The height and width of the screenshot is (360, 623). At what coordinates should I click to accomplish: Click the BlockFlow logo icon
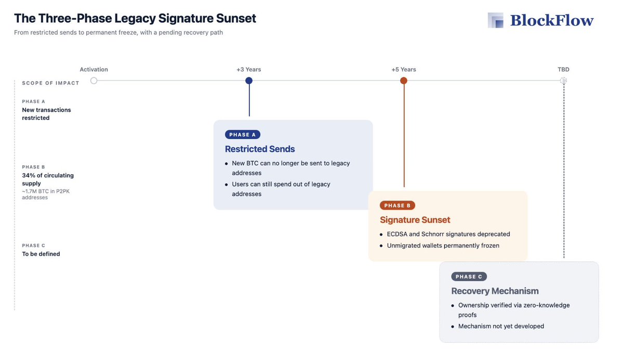[x=496, y=20]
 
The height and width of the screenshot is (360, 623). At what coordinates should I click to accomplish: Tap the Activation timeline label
[x=94, y=70]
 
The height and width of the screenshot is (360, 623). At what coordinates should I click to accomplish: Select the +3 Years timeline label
[x=248, y=70]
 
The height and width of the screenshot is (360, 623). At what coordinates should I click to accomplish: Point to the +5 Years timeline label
[x=404, y=70]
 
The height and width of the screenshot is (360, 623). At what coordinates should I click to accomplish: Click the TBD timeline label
[x=563, y=70]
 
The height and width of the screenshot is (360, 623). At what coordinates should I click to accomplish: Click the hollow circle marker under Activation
[x=94, y=81]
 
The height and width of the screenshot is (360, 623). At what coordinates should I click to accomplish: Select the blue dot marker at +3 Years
[x=249, y=81]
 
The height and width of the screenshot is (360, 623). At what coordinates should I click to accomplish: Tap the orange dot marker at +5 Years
[x=404, y=81]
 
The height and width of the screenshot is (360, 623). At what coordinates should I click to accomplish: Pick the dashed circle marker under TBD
[x=563, y=81]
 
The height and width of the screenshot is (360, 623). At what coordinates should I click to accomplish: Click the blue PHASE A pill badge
[x=243, y=135]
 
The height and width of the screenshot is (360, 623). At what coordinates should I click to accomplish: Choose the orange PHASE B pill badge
[x=397, y=206]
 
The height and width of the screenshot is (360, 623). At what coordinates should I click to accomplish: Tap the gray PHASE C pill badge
[x=469, y=277]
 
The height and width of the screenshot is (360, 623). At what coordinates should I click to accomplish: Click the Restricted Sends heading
[x=260, y=149]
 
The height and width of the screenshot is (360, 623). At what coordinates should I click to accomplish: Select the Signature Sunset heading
[x=415, y=220]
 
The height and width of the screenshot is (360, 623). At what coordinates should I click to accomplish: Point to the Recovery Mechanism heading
[x=495, y=291]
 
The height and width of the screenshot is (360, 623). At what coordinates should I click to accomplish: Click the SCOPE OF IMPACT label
[x=51, y=83]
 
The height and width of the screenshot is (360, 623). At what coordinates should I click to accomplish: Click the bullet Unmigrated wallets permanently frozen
[x=443, y=246]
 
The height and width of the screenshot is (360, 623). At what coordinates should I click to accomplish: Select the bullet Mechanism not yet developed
[x=501, y=326]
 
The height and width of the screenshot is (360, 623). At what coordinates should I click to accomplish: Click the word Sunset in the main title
[x=232, y=18]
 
